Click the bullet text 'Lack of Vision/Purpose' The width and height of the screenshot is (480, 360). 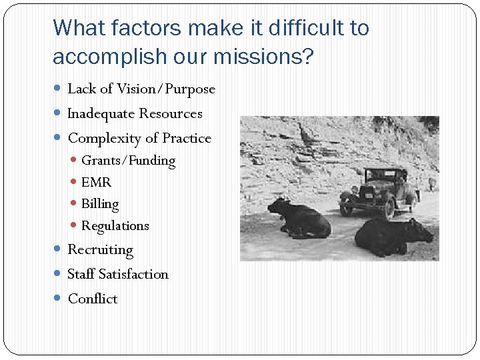pyautogui.click(x=141, y=89)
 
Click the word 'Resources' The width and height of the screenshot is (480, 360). pyautogui.click(x=171, y=113)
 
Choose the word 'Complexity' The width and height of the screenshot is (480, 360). pyautogui.click(x=104, y=138)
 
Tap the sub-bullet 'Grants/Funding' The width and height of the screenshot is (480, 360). pyautogui.click(x=128, y=161)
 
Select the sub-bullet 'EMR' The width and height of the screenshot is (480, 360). pyautogui.click(x=96, y=182)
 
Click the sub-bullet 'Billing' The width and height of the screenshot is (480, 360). pyautogui.click(x=100, y=204)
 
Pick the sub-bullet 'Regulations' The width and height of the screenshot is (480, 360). pyautogui.click(x=115, y=225)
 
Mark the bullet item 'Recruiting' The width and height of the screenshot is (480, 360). pyautogui.click(x=101, y=250)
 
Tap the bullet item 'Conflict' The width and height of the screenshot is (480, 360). pyautogui.click(x=93, y=299)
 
